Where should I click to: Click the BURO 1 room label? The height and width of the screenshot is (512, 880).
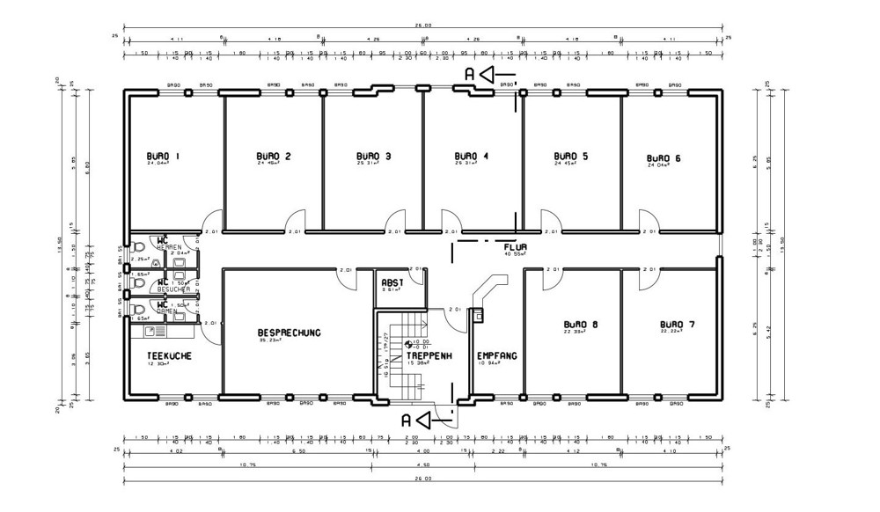163,157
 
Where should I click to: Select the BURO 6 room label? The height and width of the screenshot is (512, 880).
664,157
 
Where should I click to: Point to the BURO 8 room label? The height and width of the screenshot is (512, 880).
581,325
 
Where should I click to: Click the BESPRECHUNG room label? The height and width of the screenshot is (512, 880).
289,333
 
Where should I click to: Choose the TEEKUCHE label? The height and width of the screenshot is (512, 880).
168,356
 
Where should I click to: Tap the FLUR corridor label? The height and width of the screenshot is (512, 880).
515,247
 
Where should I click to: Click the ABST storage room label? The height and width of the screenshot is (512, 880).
392,283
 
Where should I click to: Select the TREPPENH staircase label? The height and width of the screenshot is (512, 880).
429,355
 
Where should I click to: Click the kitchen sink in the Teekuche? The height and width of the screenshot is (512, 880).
150,332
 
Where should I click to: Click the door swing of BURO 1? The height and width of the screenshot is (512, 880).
211,223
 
